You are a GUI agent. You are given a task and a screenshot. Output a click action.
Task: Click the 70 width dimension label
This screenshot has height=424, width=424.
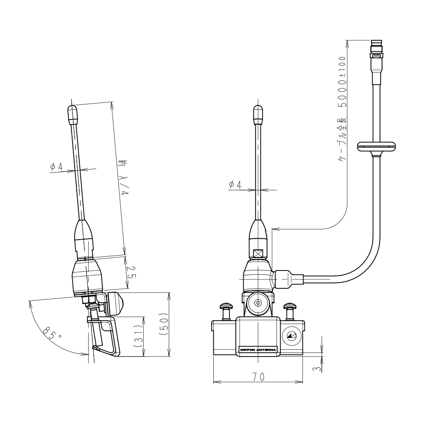coord(258,377)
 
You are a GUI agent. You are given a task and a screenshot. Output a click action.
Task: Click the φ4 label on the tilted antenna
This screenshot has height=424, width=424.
coord(56,167)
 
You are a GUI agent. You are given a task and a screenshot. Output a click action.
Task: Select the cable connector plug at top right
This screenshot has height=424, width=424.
coord(376,55)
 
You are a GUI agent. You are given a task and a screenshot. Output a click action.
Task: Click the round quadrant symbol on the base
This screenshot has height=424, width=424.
coord(292,337)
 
